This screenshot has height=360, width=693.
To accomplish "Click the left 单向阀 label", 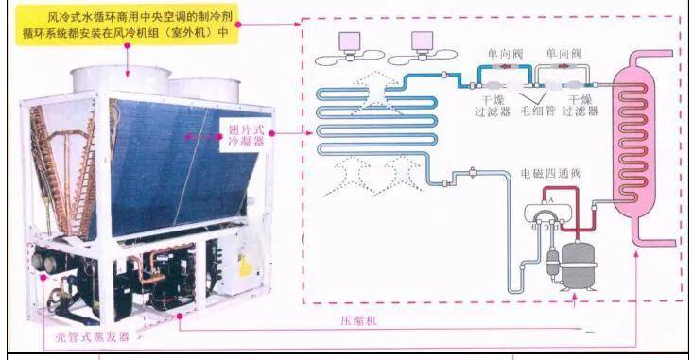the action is pos(506,54).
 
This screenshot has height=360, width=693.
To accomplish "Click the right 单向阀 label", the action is pos(563,54).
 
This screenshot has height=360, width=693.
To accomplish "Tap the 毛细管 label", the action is pos(538,111).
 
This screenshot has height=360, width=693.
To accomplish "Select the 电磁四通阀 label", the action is pos(550,173).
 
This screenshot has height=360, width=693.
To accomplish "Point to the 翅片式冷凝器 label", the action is pos(246,135).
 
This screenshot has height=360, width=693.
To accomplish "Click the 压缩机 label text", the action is pos(359,320).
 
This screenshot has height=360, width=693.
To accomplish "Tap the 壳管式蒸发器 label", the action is pos(92,337).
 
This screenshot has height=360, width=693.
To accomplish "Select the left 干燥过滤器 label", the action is pos(493,106).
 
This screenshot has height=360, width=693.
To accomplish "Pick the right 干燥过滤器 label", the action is pos(580,106).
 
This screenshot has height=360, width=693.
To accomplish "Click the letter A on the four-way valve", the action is pos(550,200).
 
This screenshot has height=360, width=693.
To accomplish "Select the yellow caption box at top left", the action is pos(127,25).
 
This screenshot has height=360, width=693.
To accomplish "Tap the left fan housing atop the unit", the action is pos(121,80).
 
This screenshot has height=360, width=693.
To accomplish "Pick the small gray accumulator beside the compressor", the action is pos(552,263).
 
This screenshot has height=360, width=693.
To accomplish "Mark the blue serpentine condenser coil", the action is pos(376,122).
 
